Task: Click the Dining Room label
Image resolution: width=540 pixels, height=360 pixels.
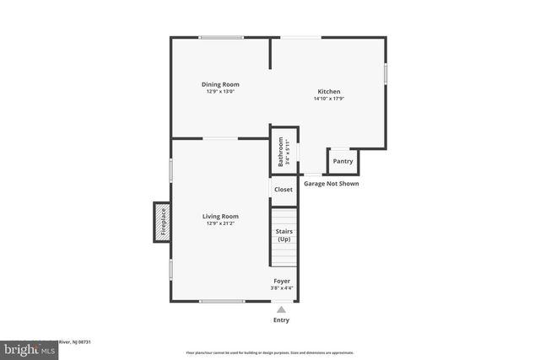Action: click(220, 83)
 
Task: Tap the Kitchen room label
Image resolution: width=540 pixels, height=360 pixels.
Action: click(328, 91)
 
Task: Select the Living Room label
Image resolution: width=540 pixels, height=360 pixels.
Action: click(220, 216)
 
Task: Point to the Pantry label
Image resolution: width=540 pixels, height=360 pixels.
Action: click(343, 161)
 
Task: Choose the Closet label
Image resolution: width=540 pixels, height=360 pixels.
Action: click(283, 190)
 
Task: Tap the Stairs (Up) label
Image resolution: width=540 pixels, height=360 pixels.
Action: click(283, 235)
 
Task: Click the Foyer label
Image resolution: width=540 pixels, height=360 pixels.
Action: click(282, 280)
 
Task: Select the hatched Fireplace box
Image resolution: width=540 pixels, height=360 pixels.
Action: click(162, 223)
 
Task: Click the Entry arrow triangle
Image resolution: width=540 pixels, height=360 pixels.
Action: click(281, 309)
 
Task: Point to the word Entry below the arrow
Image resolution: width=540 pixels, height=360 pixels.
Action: click(281, 320)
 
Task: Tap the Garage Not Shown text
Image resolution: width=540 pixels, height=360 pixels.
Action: click(332, 183)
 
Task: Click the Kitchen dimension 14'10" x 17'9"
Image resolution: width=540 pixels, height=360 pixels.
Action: click(328, 99)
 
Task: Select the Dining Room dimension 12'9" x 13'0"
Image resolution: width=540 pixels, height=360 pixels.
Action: click(220, 91)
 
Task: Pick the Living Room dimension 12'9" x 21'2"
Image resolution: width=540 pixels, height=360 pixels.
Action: click(220, 223)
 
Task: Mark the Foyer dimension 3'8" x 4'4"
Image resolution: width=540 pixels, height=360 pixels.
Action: click(282, 288)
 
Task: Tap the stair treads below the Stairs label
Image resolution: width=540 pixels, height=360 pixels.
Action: click(283, 255)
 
